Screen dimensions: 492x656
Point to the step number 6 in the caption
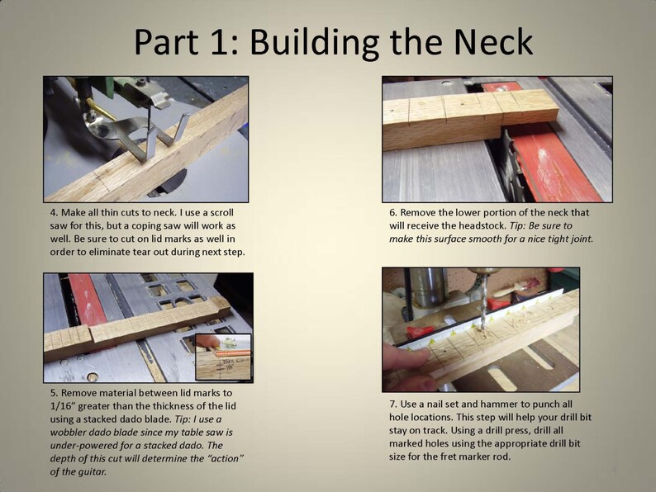coord(393,212)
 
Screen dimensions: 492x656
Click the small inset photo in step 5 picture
coord(222,355)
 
